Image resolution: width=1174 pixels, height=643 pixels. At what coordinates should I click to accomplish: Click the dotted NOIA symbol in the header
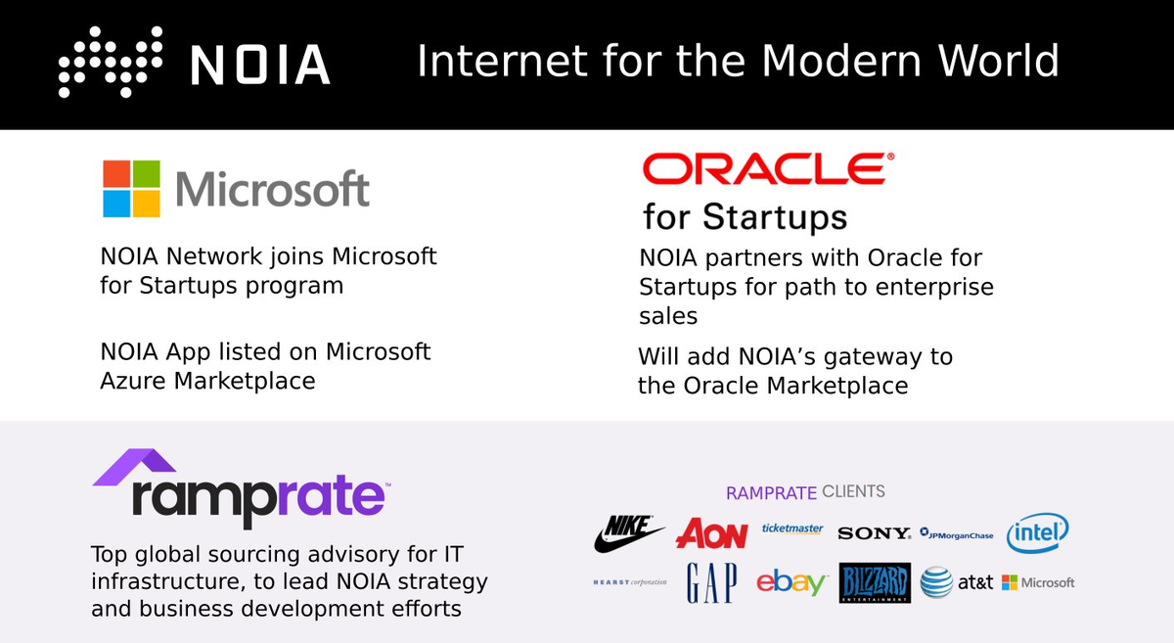pyautogui.click(x=109, y=62)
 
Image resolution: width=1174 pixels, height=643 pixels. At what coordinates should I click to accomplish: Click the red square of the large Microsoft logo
pyautogui.click(x=115, y=174)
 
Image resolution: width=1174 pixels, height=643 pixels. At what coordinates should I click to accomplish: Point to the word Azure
pyautogui.click(x=136, y=380)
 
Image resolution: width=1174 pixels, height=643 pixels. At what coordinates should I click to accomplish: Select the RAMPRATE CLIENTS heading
pyautogui.click(x=804, y=491)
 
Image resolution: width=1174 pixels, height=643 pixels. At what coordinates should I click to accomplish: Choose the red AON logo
pyautogui.click(x=712, y=533)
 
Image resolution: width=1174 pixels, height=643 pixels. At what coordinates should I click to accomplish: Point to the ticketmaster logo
pyautogui.click(x=792, y=528)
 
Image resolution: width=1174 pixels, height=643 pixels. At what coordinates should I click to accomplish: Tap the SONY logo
pyautogui.click(x=874, y=533)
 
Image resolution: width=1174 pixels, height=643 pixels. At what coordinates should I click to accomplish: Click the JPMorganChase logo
pyautogui.click(x=956, y=534)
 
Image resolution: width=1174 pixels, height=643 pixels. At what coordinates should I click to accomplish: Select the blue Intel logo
pyautogui.click(x=1038, y=532)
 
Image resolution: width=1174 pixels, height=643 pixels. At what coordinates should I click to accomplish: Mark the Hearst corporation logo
pyautogui.click(x=630, y=582)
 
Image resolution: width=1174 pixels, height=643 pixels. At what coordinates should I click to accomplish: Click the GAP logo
pyautogui.click(x=711, y=582)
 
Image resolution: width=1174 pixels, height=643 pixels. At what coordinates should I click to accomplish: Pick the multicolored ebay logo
pyautogui.click(x=791, y=583)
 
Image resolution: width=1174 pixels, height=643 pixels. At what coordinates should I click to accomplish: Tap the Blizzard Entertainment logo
pyautogui.click(x=875, y=583)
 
